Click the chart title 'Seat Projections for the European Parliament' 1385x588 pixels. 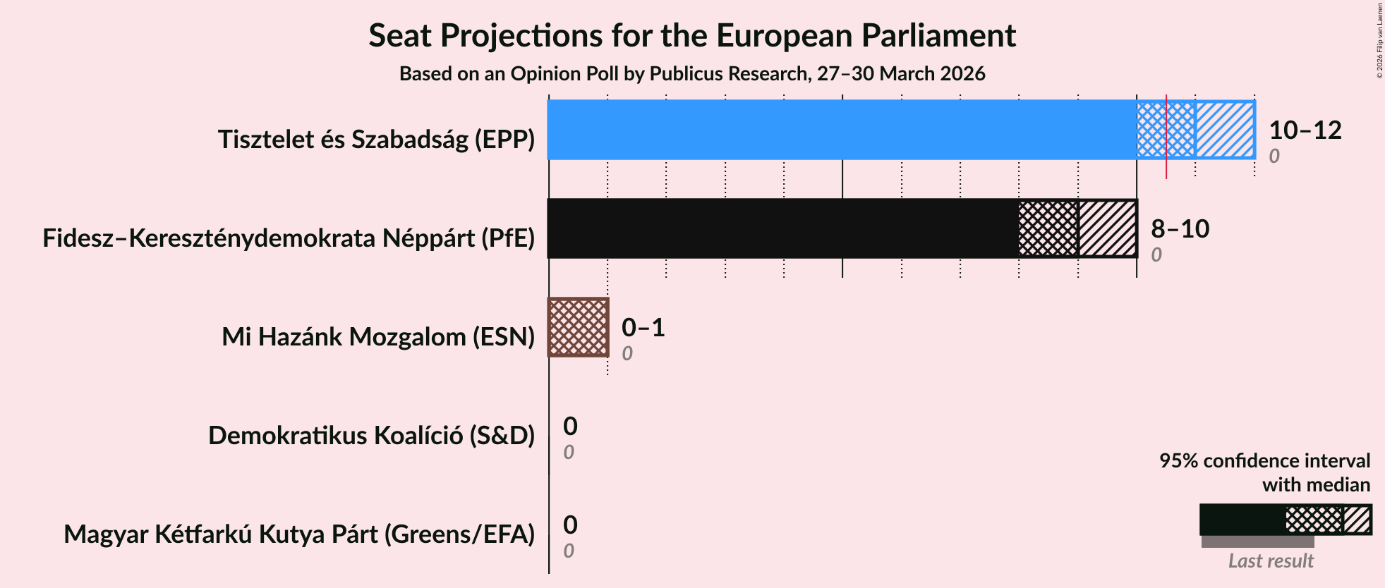click(x=691, y=36)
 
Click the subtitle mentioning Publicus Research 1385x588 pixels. click(x=691, y=74)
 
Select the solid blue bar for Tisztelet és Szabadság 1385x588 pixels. click(x=840, y=130)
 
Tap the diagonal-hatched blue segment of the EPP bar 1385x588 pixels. click(x=1225, y=130)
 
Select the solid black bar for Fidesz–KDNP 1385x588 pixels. click(x=782, y=228)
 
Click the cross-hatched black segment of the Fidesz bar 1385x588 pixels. click(x=1048, y=228)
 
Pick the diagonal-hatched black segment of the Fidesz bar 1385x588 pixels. click(x=1108, y=228)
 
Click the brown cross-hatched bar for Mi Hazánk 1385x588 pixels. click(x=579, y=327)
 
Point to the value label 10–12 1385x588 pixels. click(x=1305, y=130)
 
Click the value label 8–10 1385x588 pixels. click(x=1180, y=228)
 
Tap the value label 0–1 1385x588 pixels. click(x=643, y=327)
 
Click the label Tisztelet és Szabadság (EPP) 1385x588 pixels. click(x=376, y=140)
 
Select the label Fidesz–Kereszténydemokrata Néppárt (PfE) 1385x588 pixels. click(x=289, y=238)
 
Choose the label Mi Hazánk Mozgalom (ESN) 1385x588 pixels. click(x=378, y=337)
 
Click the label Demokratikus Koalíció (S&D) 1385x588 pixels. click(x=371, y=436)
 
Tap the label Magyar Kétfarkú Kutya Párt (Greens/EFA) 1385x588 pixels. click(x=299, y=534)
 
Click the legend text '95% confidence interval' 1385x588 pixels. click(x=1264, y=461)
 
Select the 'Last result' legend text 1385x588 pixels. click(x=1271, y=561)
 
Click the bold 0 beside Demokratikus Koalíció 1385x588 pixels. click(x=570, y=426)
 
